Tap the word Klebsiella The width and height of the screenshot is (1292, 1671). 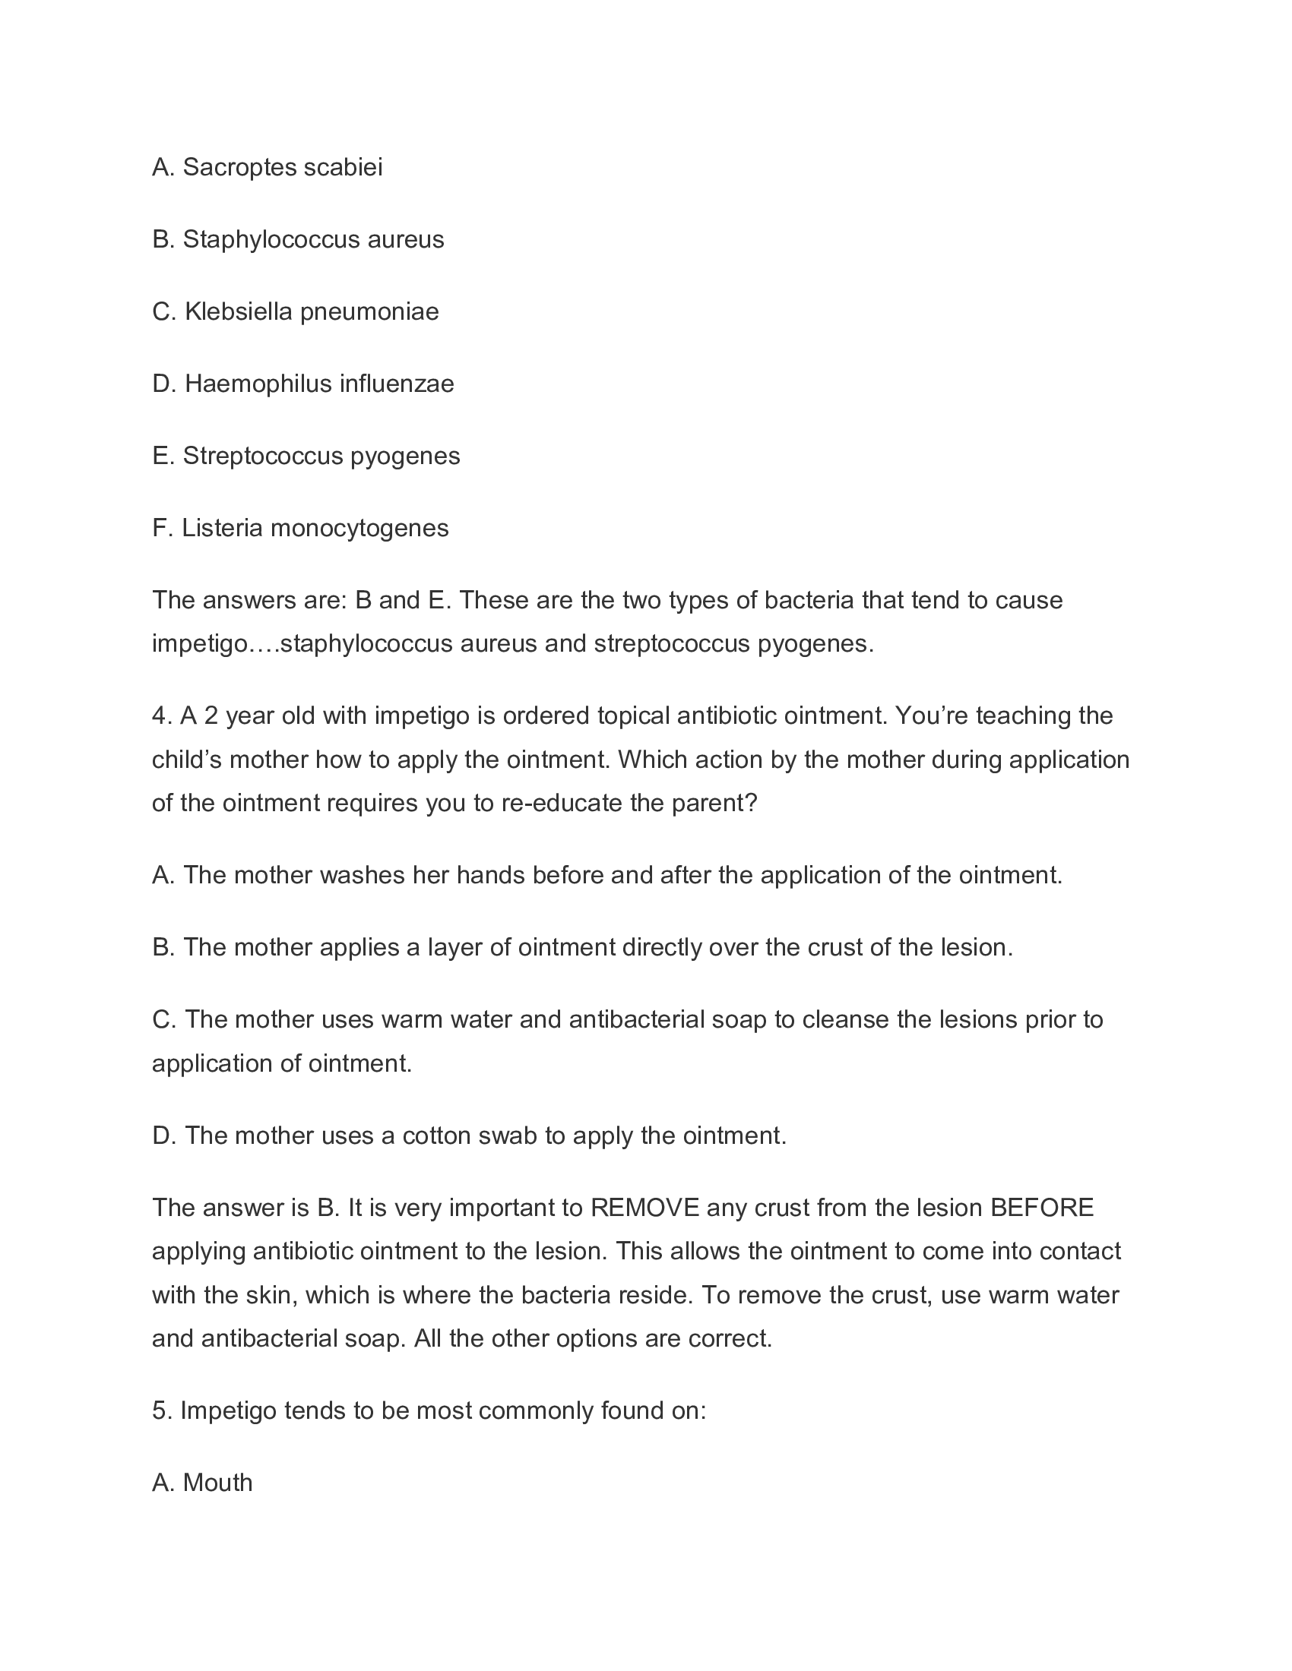tap(239, 311)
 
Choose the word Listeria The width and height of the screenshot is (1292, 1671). tap(222, 528)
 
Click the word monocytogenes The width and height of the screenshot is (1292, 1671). tap(359, 528)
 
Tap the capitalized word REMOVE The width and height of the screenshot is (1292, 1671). tap(644, 1208)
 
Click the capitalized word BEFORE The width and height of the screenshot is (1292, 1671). tap(1042, 1208)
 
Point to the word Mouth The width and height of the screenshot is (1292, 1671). tap(217, 1483)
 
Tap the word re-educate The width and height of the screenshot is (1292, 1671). tap(562, 804)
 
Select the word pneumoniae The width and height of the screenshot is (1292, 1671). tap(369, 311)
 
